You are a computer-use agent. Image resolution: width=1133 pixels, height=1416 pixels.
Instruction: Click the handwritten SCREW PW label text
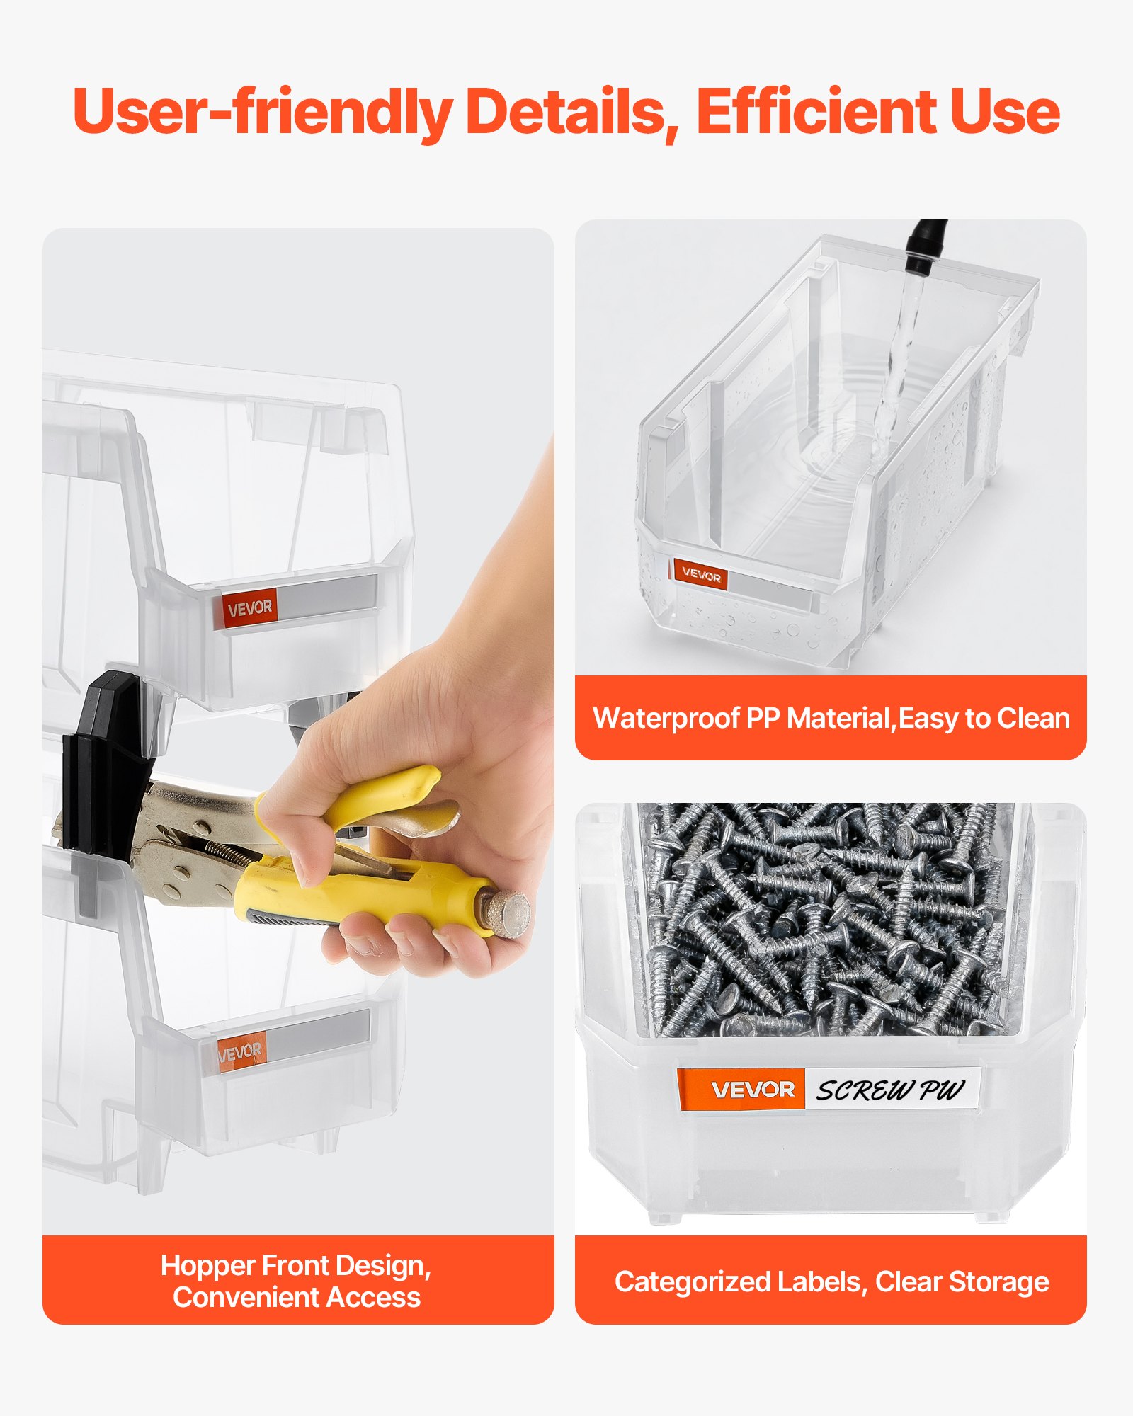(x=890, y=1090)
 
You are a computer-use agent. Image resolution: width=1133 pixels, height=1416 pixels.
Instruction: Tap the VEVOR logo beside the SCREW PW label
(x=752, y=1089)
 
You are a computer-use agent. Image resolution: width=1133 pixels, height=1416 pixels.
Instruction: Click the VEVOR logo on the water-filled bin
(x=700, y=576)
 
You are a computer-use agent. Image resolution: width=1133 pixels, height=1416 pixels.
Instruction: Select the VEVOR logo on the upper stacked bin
(x=249, y=607)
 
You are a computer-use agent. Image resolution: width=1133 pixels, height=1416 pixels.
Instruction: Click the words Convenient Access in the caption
(x=297, y=1297)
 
